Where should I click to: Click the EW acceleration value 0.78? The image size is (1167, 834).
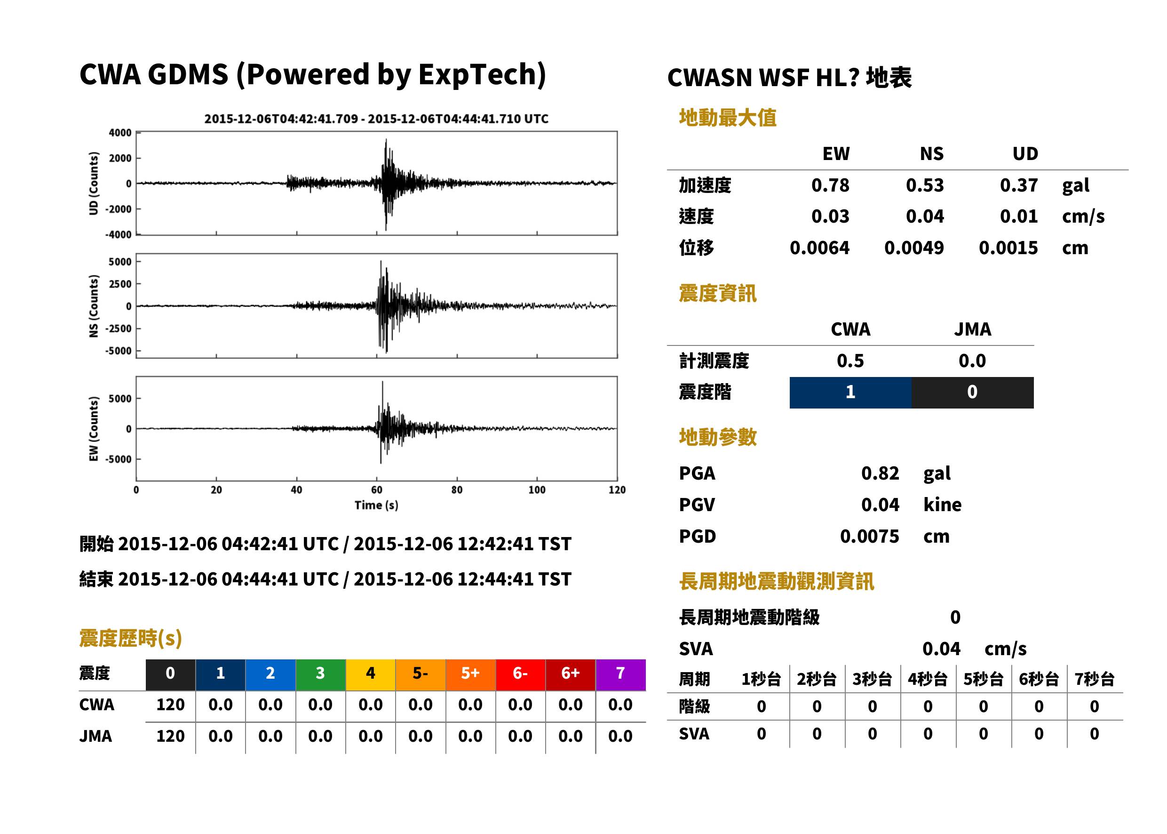[x=830, y=185]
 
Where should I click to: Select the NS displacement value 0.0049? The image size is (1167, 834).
[x=913, y=248]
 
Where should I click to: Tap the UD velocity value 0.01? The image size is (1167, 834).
[x=1018, y=216]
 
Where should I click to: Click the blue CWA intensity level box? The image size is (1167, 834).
[x=850, y=393]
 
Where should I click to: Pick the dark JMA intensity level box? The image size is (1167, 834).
[x=973, y=393]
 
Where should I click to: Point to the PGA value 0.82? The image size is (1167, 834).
[x=880, y=473]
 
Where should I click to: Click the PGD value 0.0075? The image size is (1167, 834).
[x=869, y=536]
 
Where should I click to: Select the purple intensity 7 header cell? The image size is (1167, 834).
[x=620, y=674]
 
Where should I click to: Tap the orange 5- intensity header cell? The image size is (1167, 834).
[x=421, y=674]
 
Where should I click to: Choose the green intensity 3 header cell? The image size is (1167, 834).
[x=320, y=674]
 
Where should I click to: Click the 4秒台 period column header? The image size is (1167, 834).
[x=927, y=679]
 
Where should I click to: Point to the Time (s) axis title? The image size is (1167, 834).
[x=376, y=505]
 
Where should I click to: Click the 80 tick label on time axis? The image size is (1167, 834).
[x=457, y=490]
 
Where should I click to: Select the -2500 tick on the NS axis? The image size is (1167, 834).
[x=119, y=329]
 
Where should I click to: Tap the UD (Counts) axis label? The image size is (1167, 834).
[x=94, y=184]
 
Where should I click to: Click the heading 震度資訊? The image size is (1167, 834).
[x=717, y=293]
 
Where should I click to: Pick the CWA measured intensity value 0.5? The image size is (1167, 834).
[x=850, y=361]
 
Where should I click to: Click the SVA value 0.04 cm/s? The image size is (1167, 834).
[x=975, y=649]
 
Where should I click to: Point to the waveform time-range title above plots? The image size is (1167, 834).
[x=376, y=119]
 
